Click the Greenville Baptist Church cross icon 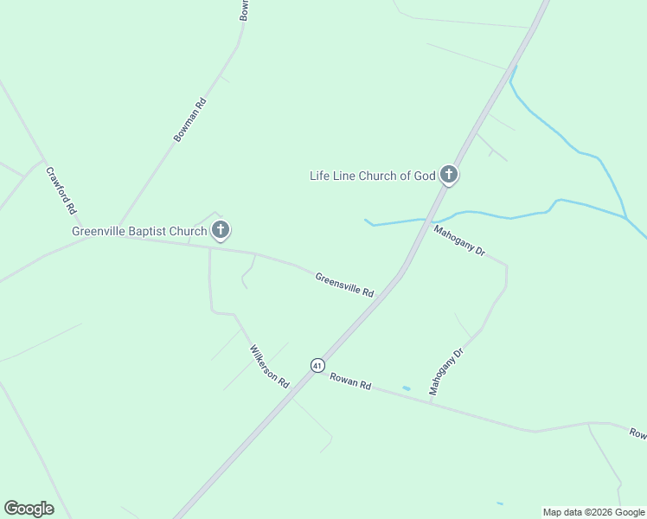pyautogui.click(x=221, y=230)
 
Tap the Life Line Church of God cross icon pyautogui.click(x=448, y=175)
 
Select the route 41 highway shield pyautogui.click(x=317, y=365)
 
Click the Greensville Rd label pyautogui.click(x=344, y=285)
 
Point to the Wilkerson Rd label pyautogui.click(x=269, y=366)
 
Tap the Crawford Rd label pyautogui.click(x=61, y=190)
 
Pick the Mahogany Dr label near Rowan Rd pyautogui.click(x=446, y=371)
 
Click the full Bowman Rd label pyautogui.click(x=190, y=119)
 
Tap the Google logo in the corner pyautogui.click(x=29, y=509)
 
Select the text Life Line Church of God pyautogui.click(x=372, y=176)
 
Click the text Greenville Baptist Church pyautogui.click(x=138, y=231)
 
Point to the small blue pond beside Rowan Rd pyautogui.click(x=407, y=388)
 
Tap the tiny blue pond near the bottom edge pyautogui.click(x=500, y=503)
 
